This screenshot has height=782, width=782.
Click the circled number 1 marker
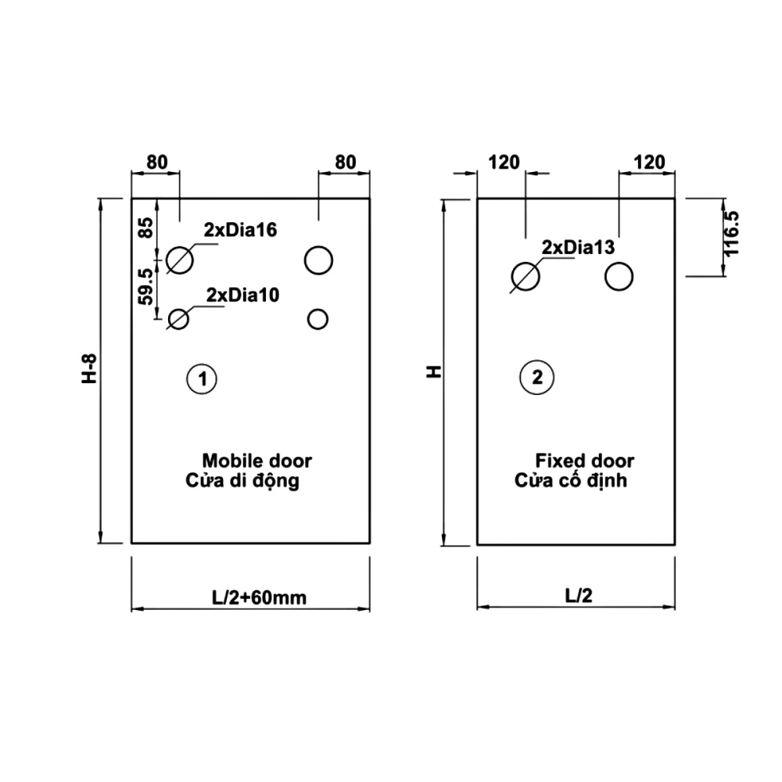[202, 378]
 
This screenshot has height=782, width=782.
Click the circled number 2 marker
[536, 378]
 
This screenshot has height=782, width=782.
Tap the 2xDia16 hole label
[241, 230]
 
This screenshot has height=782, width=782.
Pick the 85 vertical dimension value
[146, 228]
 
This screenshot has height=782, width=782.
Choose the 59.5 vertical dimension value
[145, 287]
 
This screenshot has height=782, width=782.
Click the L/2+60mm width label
[258, 598]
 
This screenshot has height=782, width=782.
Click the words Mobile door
[256, 461]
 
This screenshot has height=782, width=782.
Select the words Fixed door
[584, 461]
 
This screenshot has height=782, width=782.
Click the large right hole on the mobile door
[319, 260]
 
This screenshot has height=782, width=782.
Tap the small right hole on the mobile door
[318, 318]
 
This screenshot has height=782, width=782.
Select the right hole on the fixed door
[619, 276]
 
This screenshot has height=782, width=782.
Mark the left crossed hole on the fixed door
[525, 276]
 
